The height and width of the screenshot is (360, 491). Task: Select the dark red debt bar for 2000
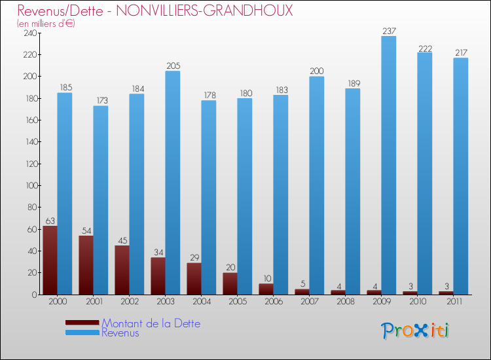click(50, 260)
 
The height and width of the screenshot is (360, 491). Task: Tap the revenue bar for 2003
click(172, 183)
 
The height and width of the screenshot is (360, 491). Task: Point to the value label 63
click(50, 221)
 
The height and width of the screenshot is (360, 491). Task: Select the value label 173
click(100, 100)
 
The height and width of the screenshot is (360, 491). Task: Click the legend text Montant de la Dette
click(151, 323)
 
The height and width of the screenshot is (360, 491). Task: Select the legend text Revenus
click(120, 333)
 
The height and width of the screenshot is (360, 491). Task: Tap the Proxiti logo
click(415, 331)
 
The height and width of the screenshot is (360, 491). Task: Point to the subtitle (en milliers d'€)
click(46, 24)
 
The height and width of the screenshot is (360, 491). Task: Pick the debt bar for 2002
click(122, 270)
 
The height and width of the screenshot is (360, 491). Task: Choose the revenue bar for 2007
click(316, 185)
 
